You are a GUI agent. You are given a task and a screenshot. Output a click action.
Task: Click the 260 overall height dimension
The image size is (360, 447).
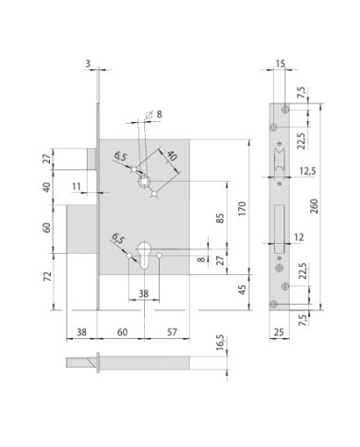[x=315, y=206]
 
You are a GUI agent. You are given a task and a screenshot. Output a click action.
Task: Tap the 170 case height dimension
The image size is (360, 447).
[x=243, y=209]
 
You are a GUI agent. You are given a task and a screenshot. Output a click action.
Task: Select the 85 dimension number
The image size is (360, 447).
[x=221, y=218]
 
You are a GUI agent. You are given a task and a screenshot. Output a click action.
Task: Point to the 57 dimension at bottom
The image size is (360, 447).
[x=172, y=332]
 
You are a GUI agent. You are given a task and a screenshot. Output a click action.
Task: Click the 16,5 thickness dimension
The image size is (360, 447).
[x=221, y=343]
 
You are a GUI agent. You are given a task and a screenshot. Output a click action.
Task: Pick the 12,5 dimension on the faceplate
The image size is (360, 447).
[x=307, y=171]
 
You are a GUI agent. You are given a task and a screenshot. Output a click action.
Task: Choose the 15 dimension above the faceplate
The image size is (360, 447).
[x=280, y=64]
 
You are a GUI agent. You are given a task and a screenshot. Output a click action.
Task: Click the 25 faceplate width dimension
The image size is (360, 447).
[x=279, y=332]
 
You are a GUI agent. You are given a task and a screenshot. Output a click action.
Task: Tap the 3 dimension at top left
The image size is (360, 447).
[x=88, y=64]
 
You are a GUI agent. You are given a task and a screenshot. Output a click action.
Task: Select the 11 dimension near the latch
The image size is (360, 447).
[x=77, y=187]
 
